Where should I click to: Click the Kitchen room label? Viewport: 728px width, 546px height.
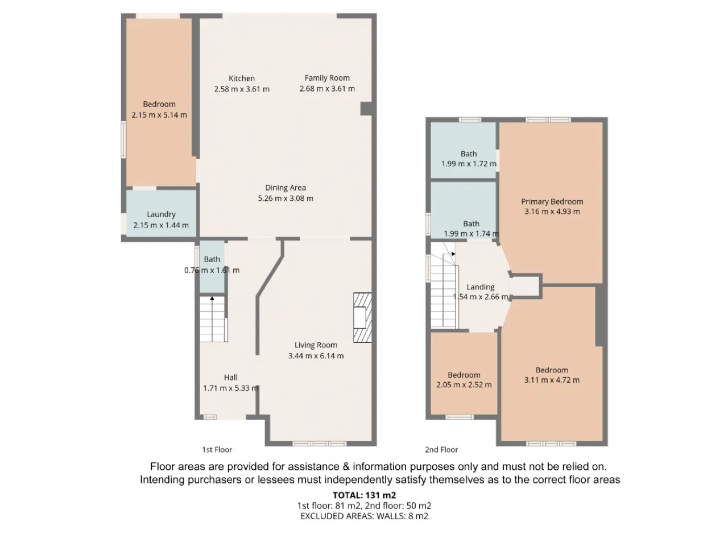click(242, 78)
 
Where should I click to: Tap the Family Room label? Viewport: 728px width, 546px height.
click(327, 78)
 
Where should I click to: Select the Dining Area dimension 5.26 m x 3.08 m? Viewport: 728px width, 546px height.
click(286, 198)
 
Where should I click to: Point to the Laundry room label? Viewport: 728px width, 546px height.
click(161, 214)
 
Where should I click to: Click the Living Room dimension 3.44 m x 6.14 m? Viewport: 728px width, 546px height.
click(316, 355)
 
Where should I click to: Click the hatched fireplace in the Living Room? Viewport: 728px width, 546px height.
click(362, 317)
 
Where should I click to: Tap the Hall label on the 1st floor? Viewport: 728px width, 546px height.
click(230, 377)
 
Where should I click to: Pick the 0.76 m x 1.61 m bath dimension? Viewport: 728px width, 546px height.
click(212, 270)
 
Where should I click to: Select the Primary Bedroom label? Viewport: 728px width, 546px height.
click(552, 201)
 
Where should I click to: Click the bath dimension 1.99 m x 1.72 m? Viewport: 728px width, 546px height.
click(469, 164)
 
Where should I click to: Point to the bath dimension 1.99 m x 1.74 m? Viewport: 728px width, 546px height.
click(471, 234)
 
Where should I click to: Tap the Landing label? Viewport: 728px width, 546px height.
click(480, 287)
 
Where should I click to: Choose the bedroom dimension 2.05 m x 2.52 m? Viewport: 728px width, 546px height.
click(464, 385)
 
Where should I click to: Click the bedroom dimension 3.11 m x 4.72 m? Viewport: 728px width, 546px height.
click(552, 380)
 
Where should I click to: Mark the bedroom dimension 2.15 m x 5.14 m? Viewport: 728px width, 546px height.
click(159, 115)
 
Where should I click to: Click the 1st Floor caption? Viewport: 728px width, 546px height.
click(217, 449)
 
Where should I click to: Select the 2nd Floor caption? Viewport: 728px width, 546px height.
click(441, 449)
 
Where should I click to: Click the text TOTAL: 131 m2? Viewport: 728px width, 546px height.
click(364, 495)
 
